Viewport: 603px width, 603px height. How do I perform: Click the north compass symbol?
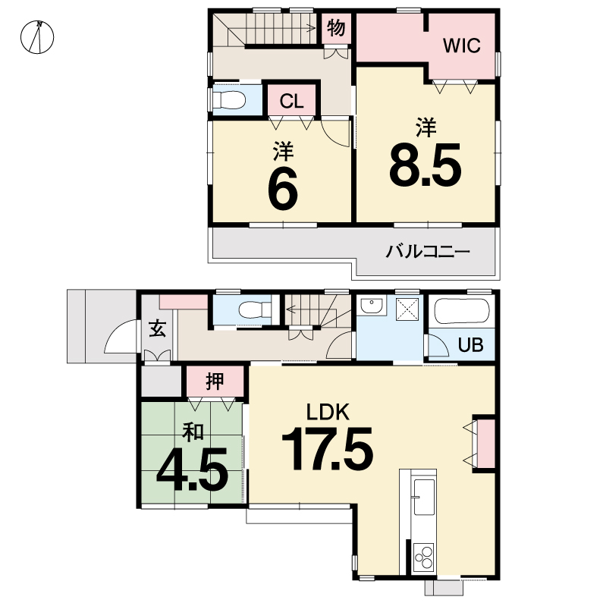[37, 37]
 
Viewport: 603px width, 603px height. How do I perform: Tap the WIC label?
[461, 46]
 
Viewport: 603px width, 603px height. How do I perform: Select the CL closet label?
[291, 102]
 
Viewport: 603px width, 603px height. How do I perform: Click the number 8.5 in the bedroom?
[426, 165]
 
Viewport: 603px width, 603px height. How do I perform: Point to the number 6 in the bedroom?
[283, 189]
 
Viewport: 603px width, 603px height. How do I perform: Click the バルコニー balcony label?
[428, 252]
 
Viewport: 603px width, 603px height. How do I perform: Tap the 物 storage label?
[336, 28]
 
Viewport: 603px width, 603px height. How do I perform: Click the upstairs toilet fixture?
[229, 99]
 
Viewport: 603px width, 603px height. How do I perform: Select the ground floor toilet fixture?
[255, 309]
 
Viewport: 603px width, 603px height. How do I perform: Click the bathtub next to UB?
[461, 312]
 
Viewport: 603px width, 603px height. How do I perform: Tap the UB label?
[471, 345]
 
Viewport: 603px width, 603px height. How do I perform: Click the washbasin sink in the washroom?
[371, 306]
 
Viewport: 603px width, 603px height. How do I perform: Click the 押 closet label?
[215, 381]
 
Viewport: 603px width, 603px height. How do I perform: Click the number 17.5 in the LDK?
[327, 449]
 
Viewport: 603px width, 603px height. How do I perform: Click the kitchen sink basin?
[423, 497]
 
